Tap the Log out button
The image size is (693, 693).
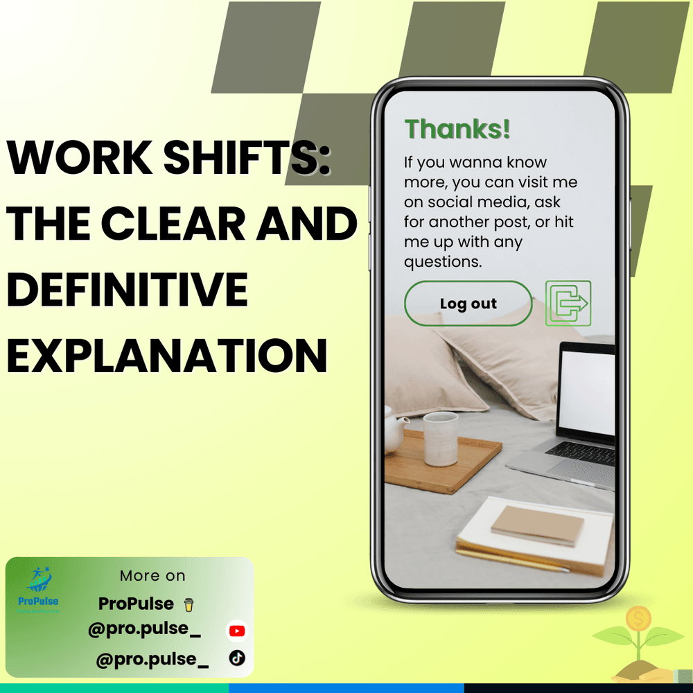[x=468, y=304]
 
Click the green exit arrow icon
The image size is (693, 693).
[x=568, y=304]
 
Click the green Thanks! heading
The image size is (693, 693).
[x=457, y=129]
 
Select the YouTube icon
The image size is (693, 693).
[x=237, y=631]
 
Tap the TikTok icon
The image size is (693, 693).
[x=237, y=658]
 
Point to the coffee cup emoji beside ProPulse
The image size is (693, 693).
[x=188, y=604]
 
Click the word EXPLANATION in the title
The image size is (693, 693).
[x=167, y=356]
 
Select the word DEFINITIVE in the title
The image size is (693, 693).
[x=128, y=290]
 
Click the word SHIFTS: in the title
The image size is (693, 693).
[x=247, y=157]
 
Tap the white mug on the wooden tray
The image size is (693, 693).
[x=440, y=439]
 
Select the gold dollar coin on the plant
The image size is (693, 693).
[x=638, y=618]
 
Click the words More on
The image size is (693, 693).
[x=152, y=575]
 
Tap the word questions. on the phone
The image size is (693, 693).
[x=443, y=262]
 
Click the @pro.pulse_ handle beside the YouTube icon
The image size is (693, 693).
[x=145, y=629]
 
